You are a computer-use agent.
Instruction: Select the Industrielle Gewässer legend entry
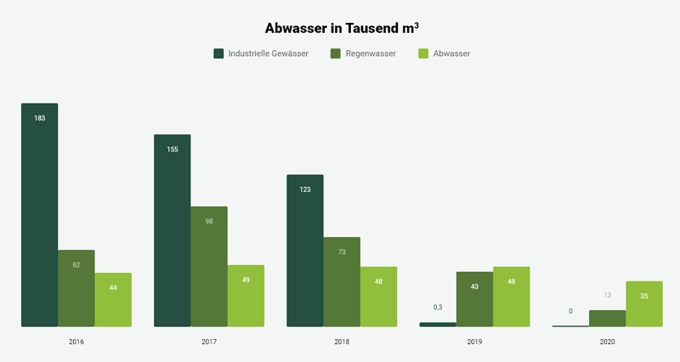pos(261,54)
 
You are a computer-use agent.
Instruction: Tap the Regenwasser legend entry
pos(363,54)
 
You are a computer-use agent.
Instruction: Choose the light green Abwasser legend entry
pos(445,54)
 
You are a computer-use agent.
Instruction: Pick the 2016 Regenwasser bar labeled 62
pos(76,288)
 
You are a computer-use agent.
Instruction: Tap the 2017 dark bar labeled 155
pos(172,230)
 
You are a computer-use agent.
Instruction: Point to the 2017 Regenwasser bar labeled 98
pos(209,266)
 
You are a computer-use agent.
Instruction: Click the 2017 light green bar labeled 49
pos(246,296)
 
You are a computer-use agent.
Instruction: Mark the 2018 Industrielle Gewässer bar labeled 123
pos(305,251)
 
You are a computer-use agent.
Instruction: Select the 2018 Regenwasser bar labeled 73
pos(342,281)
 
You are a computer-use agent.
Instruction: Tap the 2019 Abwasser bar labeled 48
pos(511,297)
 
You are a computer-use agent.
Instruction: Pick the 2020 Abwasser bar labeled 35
pos(643,303)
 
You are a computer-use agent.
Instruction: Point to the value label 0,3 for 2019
pos(438,307)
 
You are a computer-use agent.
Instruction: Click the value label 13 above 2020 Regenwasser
pos(607,295)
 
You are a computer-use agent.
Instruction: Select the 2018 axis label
pos(342,342)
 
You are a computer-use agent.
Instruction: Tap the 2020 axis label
pos(607,342)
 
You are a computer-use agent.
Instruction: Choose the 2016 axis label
pos(76,342)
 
